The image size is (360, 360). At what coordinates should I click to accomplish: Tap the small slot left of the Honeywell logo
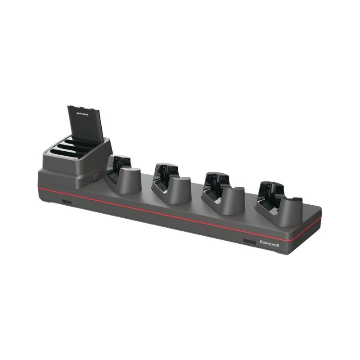click(249, 242)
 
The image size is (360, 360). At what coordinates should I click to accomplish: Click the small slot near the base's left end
click(67, 202)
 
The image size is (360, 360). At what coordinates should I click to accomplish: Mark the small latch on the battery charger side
click(97, 176)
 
